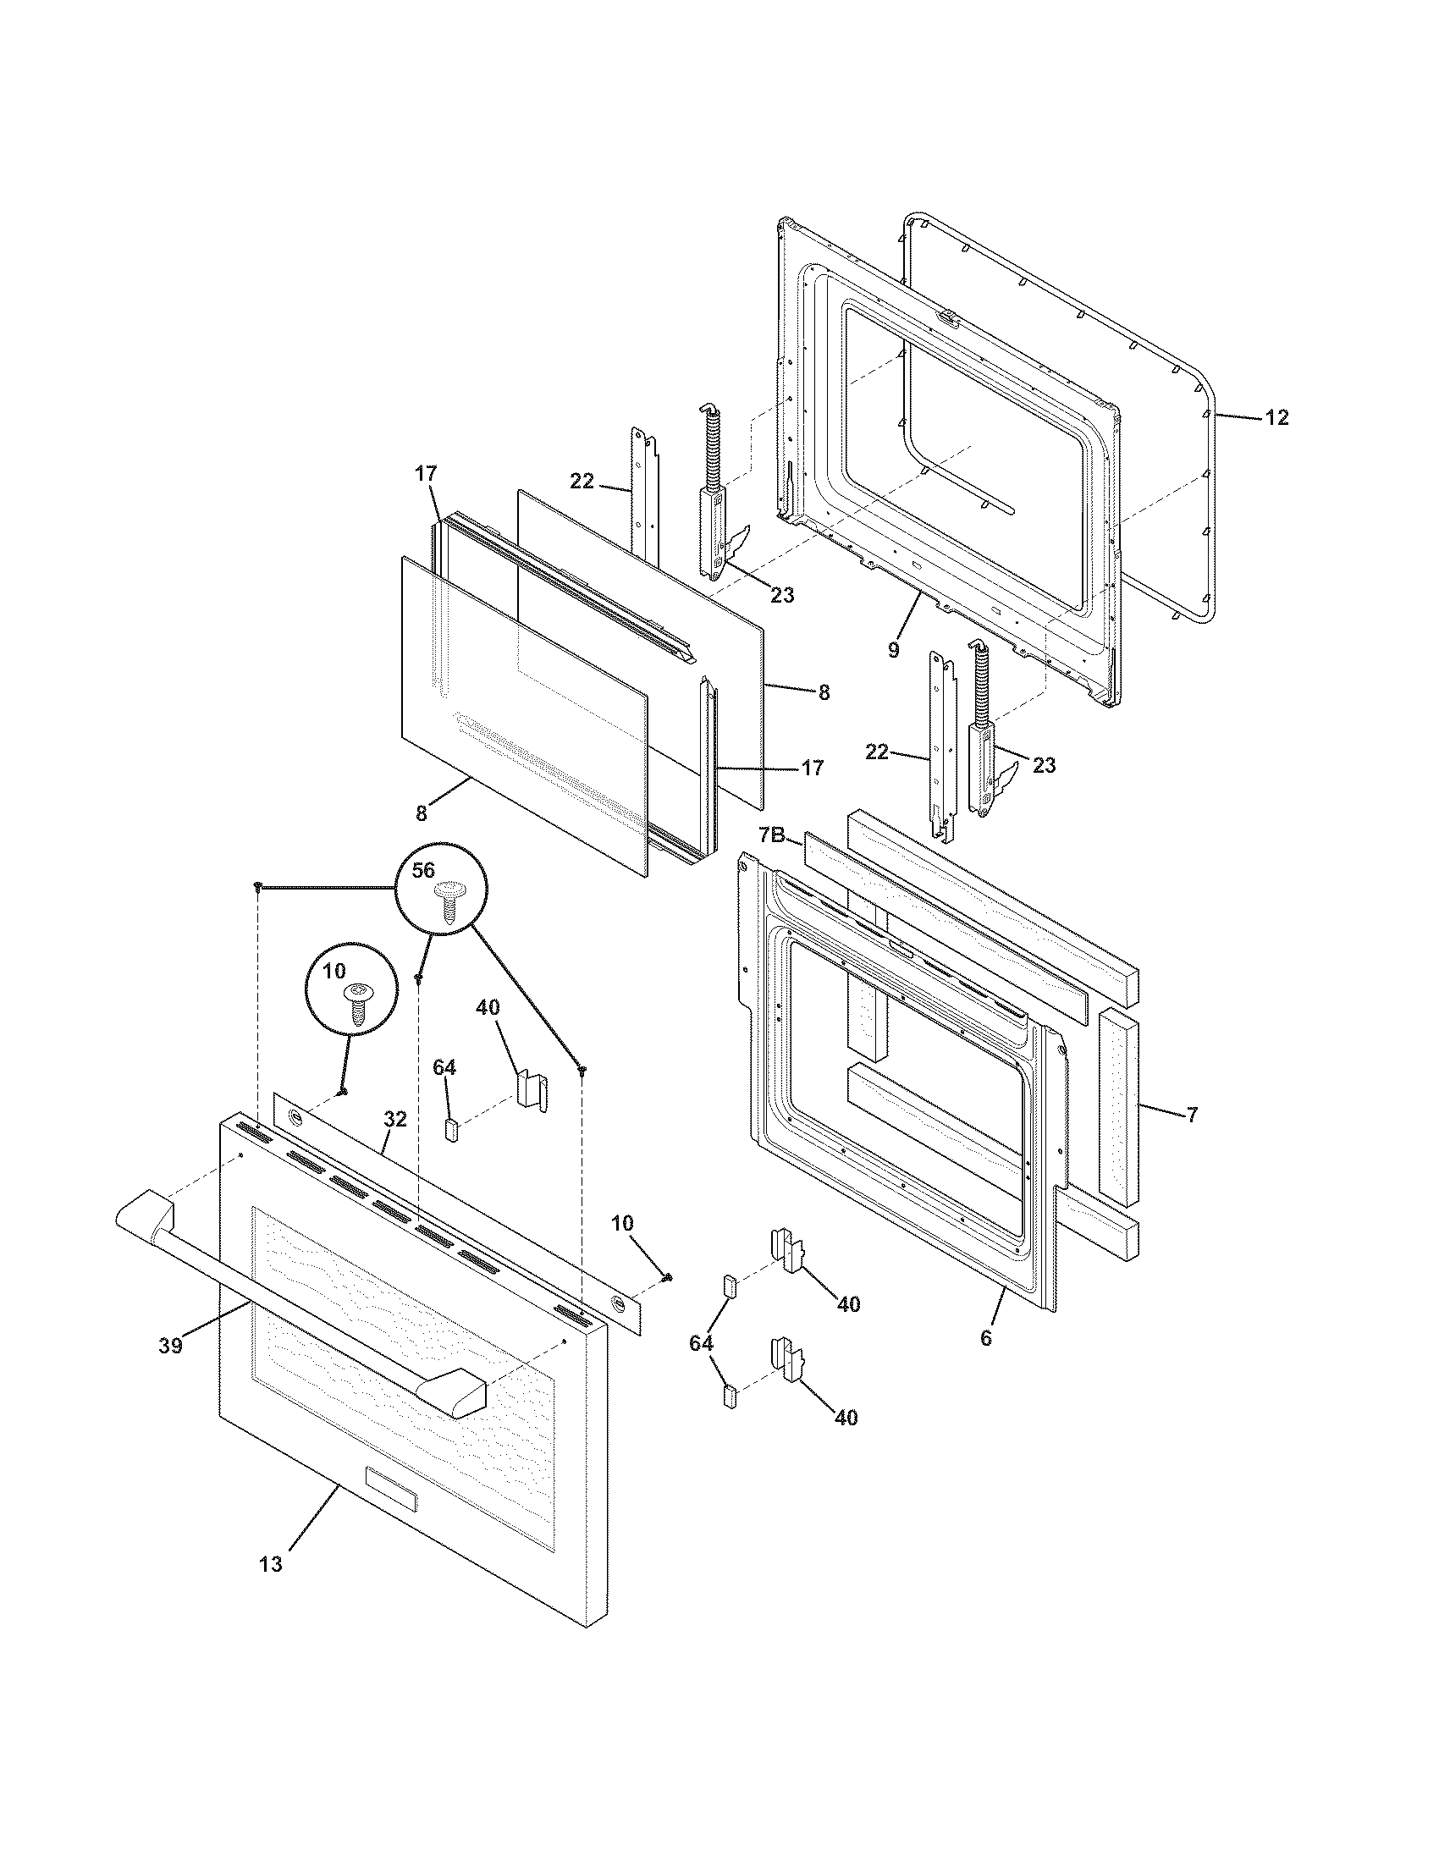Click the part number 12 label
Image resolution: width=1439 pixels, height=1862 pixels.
pyautogui.click(x=1276, y=418)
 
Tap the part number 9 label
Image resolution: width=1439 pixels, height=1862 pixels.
pyautogui.click(x=892, y=651)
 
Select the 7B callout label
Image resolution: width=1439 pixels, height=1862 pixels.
pyautogui.click(x=771, y=835)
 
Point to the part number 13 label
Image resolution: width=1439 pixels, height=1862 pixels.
pyautogui.click(x=270, y=1564)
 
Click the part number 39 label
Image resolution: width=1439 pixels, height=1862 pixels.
pyautogui.click(x=170, y=1347)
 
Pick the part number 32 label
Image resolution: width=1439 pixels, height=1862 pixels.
pyautogui.click(x=394, y=1120)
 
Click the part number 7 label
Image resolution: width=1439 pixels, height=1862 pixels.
pyautogui.click(x=1192, y=1114)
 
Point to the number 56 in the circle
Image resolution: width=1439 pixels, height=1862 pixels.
pyautogui.click(x=424, y=869)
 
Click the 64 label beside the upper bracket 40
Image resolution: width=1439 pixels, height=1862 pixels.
pyautogui.click(x=444, y=1066)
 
